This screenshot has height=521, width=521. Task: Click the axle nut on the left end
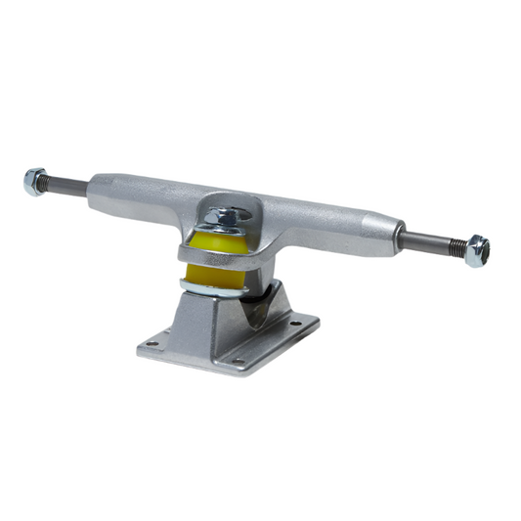tap(35, 180)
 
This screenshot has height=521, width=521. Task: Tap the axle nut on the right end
tap(477, 251)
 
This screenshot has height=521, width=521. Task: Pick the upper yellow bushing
tap(217, 242)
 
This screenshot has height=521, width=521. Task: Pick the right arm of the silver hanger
tap(332, 227)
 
